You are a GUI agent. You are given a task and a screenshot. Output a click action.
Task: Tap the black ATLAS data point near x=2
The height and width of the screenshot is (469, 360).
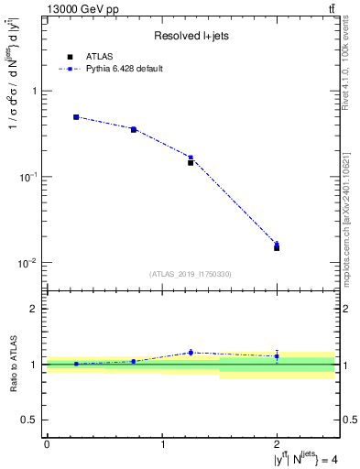pos(277,248)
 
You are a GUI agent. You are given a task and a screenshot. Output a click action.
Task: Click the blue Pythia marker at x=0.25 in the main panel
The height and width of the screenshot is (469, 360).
pos(76,117)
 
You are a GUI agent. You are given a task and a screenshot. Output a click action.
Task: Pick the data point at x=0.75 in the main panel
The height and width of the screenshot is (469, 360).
pos(134,129)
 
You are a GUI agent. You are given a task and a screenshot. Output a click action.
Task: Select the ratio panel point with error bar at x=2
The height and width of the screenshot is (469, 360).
pos(277,355)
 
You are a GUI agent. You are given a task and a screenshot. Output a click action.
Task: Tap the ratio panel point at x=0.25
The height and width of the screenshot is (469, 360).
pos(76,364)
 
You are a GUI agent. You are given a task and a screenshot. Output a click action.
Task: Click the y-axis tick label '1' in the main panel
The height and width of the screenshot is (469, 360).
pos(35,91)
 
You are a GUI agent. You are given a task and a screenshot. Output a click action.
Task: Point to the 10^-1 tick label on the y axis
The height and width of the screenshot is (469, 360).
pos(29,176)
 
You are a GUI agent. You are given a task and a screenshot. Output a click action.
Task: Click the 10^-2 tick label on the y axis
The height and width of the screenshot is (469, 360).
pos(29,263)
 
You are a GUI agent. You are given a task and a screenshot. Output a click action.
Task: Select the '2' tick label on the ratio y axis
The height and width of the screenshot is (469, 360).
pos(35,309)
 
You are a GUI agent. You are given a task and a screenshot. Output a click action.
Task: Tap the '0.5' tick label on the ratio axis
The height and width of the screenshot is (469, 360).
pos(31,420)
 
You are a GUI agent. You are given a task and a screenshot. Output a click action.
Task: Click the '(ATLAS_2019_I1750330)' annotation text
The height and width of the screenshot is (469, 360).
pos(191,274)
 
